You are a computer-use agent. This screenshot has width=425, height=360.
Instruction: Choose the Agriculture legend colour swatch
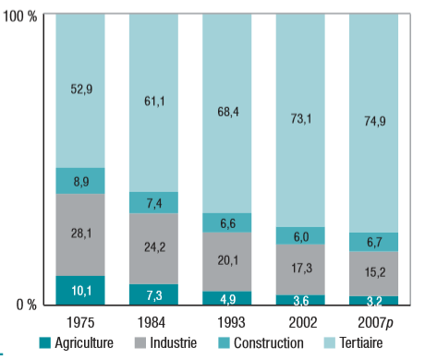[45, 343]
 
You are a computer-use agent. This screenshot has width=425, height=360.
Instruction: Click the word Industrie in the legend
[174, 343]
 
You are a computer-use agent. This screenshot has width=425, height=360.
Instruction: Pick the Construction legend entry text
[267, 343]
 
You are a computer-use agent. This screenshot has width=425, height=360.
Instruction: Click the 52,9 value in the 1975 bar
[79, 90]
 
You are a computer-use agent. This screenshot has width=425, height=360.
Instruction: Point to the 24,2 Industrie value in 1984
[153, 248]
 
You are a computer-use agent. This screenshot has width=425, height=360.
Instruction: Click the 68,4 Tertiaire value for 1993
[226, 113]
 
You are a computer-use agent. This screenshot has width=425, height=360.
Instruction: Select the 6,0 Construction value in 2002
[300, 236]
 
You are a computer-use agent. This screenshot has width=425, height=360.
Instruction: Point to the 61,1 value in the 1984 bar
[153, 102]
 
